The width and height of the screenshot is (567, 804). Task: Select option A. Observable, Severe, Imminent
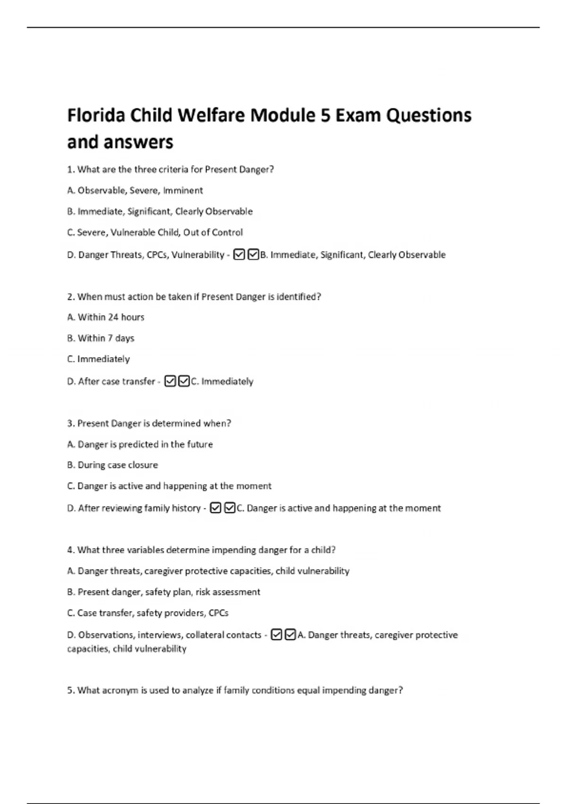[135, 191]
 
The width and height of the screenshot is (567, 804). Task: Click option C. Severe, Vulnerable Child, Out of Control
[155, 233]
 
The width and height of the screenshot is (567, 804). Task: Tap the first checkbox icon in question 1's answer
[239, 255]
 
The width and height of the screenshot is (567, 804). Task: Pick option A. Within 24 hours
[106, 317]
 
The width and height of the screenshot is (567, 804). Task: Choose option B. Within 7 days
[101, 338]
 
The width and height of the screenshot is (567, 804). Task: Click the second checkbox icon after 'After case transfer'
[184, 381]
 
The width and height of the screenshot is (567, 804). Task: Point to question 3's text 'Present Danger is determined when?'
[154, 423]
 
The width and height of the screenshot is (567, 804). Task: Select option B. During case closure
[112, 465]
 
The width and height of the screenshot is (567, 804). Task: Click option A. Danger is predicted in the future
[140, 444]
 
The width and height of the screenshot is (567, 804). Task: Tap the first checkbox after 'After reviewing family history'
[215, 508]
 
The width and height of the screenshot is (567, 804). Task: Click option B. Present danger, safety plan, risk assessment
[163, 592]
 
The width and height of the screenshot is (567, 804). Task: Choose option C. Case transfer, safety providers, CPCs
[147, 613]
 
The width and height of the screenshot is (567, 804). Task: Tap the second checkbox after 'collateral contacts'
[291, 635]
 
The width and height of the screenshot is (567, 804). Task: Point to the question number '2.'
[71, 297]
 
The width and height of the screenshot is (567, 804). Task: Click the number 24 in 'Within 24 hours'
[113, 317]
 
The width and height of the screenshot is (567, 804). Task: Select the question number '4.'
[71, 550]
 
